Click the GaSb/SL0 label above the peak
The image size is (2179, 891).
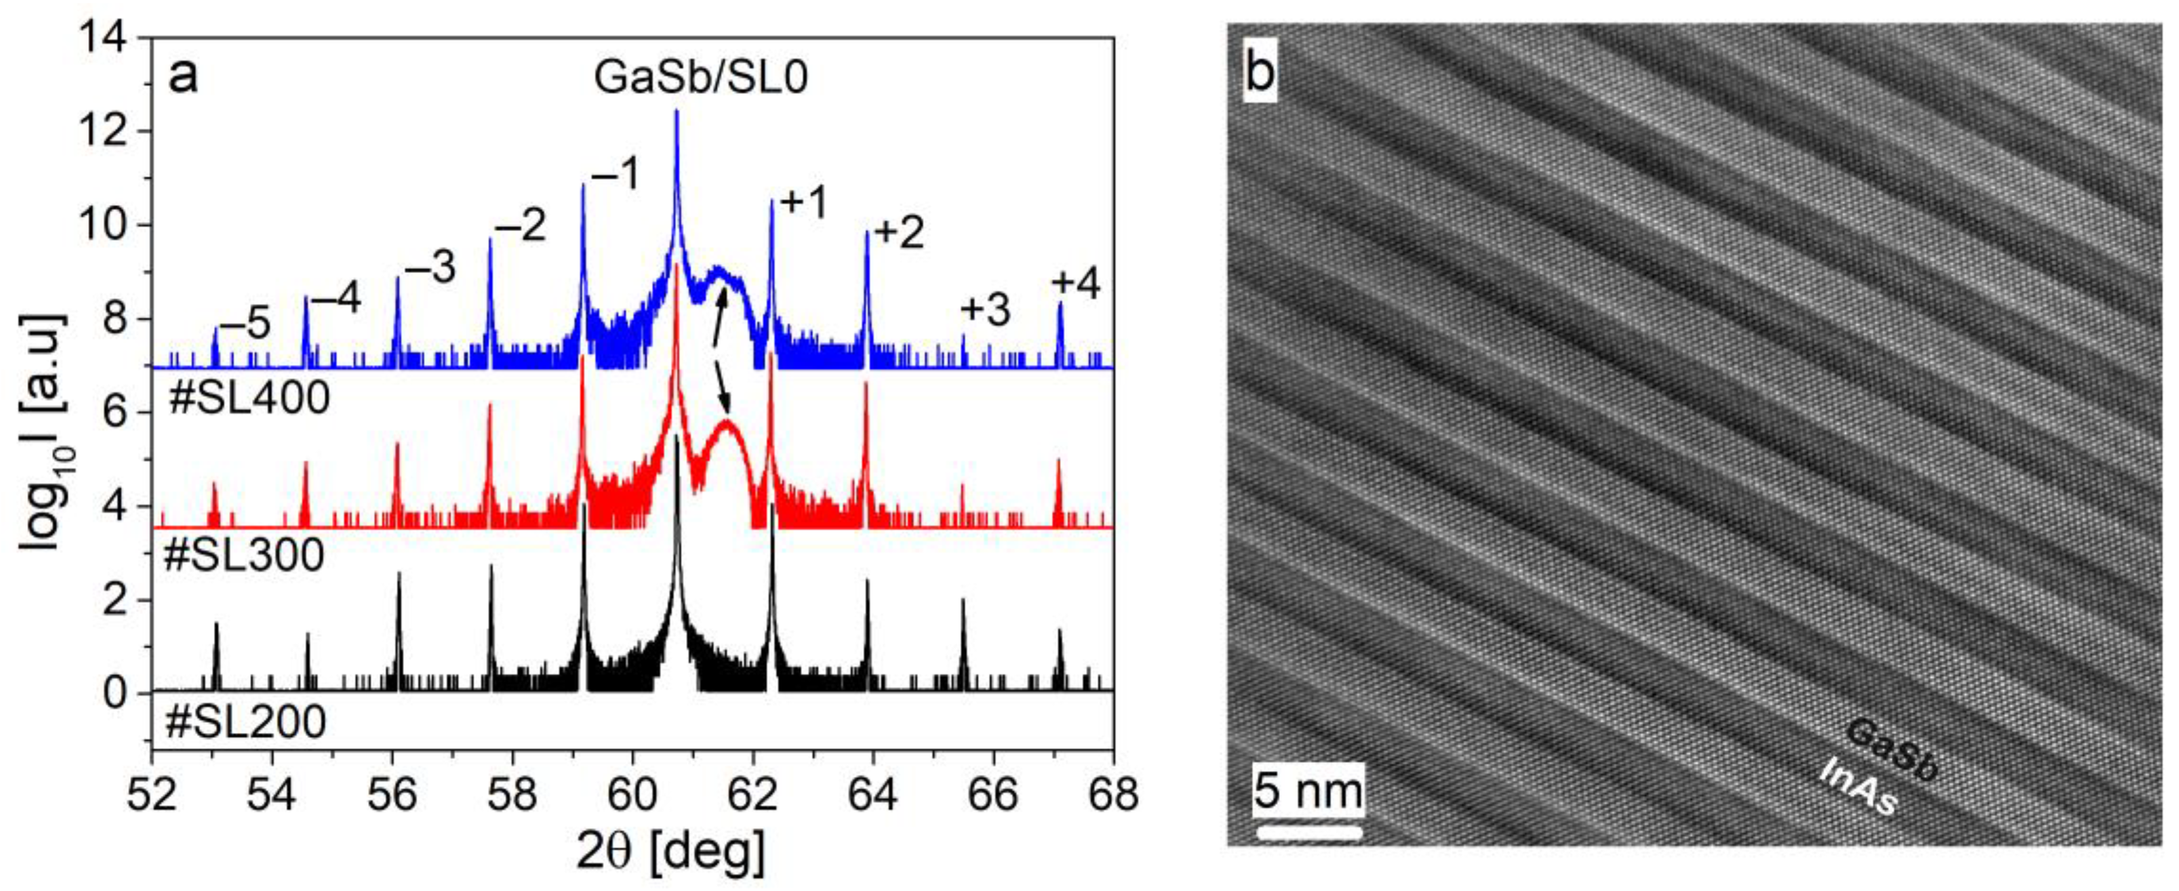pos(701,77)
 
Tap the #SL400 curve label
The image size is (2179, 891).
pos(249,399)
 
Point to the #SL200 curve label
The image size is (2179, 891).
pos(246,722)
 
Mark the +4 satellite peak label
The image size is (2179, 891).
pos(1075,284)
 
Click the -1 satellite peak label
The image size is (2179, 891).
pos(616,175)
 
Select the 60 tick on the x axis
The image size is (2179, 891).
pos(633,795)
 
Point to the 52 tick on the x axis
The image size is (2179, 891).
pos(152,795)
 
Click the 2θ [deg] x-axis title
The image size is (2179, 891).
pos(671,851)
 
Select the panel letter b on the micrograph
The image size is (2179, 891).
pos(1260,74)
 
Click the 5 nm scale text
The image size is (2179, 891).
pos(1308,791)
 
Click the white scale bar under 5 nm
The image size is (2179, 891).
pos(1308,832)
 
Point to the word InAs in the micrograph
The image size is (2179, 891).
pos(1859,787)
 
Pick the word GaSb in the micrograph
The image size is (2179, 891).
pos(1892,749)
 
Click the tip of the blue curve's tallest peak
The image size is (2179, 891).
pos(676,111)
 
